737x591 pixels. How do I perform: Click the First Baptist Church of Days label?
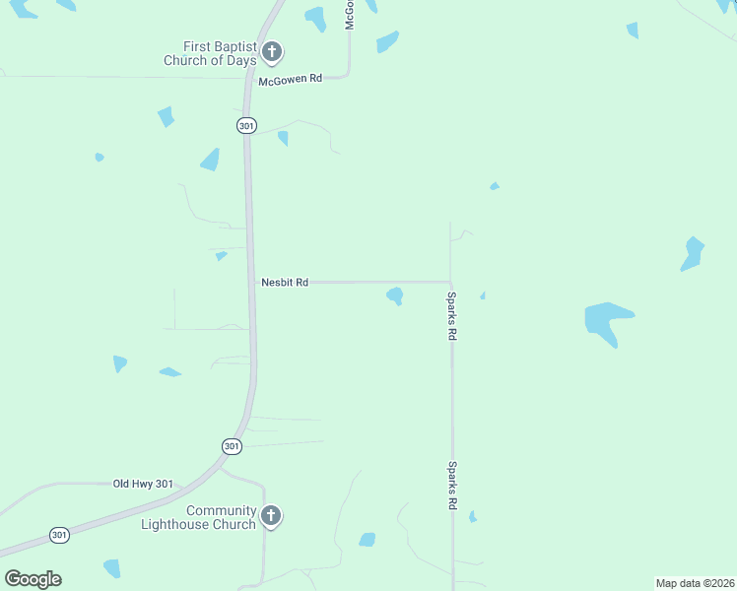click(210, 53)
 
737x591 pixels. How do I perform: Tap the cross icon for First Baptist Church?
click(272, 52)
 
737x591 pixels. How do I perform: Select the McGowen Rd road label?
click(291, 80)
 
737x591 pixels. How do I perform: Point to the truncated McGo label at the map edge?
click(349, 14)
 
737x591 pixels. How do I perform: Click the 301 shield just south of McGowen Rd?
click(245, 125)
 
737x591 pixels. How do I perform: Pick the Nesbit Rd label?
click(285, 283)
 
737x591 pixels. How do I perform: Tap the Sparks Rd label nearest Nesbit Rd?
click(451, 316)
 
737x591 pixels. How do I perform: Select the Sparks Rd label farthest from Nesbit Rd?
click(452, 486)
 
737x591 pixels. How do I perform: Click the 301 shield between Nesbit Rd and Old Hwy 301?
click(231, 446)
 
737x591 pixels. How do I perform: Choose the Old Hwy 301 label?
click(143, 484)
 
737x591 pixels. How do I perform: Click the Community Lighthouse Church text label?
click(221, 517)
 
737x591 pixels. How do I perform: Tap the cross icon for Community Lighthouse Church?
click(272, 516)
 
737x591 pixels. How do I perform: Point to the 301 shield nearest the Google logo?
click(60, 535)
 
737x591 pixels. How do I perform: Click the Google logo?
click(33, 579)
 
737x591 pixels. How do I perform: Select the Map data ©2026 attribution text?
click(695, 583)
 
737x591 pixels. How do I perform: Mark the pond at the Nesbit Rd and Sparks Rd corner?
click(395, 295)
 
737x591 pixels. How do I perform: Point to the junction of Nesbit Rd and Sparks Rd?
click(450, 283)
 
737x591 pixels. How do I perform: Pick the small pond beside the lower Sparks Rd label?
click(473, 516)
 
